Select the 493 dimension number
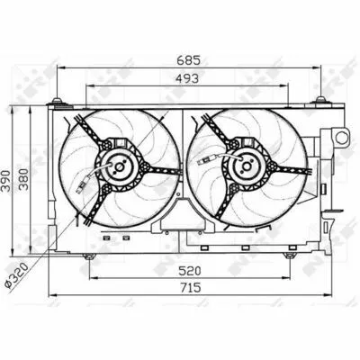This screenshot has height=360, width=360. (x=186, y=78)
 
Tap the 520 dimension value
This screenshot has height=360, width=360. (x=189, y=271)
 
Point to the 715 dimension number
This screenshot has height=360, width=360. (x=190, y=288)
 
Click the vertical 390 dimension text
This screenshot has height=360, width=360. (x=5, y=181)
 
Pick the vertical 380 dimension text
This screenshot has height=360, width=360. (x=23, y=179)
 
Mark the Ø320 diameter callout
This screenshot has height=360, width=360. (x=17, y=275)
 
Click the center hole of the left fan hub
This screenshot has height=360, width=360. (x=120, y=167)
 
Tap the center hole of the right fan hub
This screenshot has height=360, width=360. (x=247, y=166)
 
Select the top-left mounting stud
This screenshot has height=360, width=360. (x=57, y=102)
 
